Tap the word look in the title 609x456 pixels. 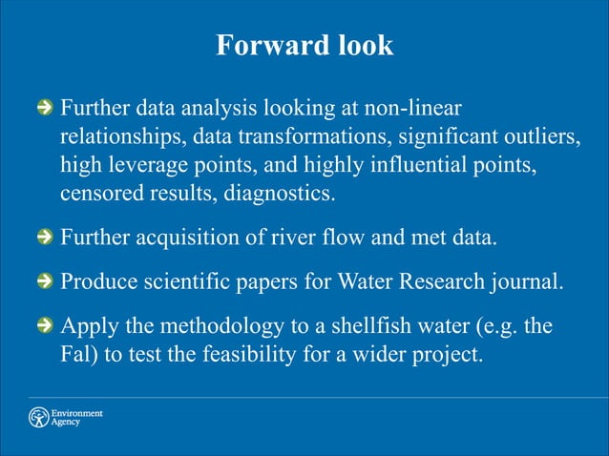[359, 46]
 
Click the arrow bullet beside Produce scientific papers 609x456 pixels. [43, 283]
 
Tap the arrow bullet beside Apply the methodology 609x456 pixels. [43, 327]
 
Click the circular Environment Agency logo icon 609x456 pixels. [38, 418]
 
